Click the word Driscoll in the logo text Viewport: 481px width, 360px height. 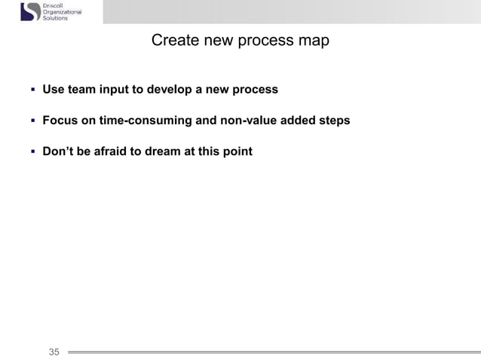coord(56,5)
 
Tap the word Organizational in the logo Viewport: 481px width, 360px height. coord(66,12)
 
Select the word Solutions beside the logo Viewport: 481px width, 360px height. coord(56,18)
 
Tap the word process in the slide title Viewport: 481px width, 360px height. coord(268,40)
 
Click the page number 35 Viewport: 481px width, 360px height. coord(54,351)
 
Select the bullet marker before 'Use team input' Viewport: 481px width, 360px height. coord(32,90)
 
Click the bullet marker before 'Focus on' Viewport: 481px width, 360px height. coord(32,121)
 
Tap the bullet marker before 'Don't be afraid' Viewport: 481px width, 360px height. coord(32,151)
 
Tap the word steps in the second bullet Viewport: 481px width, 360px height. coord(332,121)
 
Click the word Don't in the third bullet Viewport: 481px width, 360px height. coord(58,151)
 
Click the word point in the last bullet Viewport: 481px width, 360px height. coord(237,151)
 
